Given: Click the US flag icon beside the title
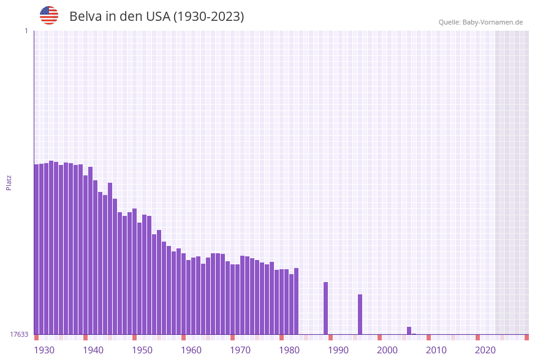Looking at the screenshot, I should click(x=49, y=15).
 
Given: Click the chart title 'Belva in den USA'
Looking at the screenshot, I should click(x=156, y=17).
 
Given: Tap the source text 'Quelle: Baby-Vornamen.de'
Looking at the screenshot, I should click(x=480, y=22).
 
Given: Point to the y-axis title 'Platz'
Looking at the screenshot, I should click(x=9, y=182).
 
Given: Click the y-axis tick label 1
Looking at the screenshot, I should click(x=26, y=31).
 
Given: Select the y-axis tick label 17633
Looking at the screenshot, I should click(x=19, y=334).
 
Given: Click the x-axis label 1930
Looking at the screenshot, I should click(x=44, y=350).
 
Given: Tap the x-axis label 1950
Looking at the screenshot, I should click(x=142, y=350).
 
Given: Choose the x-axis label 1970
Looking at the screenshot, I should click(x=240, y=350).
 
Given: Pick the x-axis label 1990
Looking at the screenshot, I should click(x=338, y=350).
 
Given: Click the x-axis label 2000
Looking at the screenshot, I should click(x=387, y=350).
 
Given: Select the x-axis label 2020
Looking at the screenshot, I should click(x=485, y=350).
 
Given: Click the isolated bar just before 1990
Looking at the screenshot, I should click(x=325, y=308).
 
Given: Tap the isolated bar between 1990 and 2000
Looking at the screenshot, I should click(x=360, y=314).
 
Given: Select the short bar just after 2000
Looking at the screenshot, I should click(x=409, y=331).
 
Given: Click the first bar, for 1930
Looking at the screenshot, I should click(x=36, y=249).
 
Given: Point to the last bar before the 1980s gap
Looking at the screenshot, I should click(x=296, y=301).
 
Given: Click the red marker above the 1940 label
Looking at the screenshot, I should click(x=85, y=337).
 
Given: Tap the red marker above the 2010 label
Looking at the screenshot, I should click(x=428, y=337).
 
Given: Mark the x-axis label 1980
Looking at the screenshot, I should click(x=289, y=350).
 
